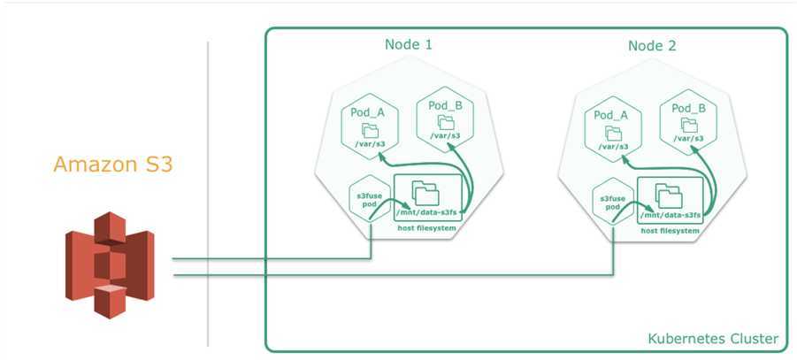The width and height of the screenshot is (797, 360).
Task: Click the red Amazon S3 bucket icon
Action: pos(109,264)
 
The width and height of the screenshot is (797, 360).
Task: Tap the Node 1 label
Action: pos(409,45)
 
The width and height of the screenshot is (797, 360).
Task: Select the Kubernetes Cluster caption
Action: pos(713,339)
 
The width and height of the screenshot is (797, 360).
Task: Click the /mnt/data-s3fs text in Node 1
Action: pos(428,215)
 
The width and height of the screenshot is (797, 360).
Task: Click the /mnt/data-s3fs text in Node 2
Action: pos(671,215)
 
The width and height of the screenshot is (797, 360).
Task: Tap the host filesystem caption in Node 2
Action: pos(671,230)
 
